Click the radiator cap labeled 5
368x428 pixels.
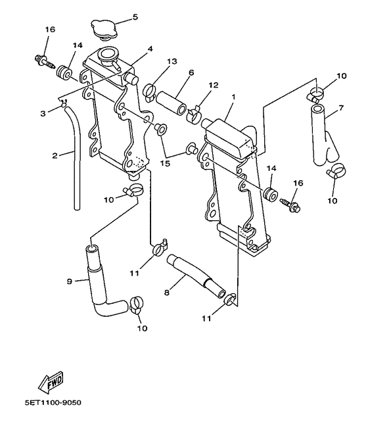pos(103,30)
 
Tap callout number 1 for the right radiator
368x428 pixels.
pos(233,97)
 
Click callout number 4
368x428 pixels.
pos(150,49)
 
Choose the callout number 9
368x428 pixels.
pos(69,281)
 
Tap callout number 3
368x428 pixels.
pos(42,113)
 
